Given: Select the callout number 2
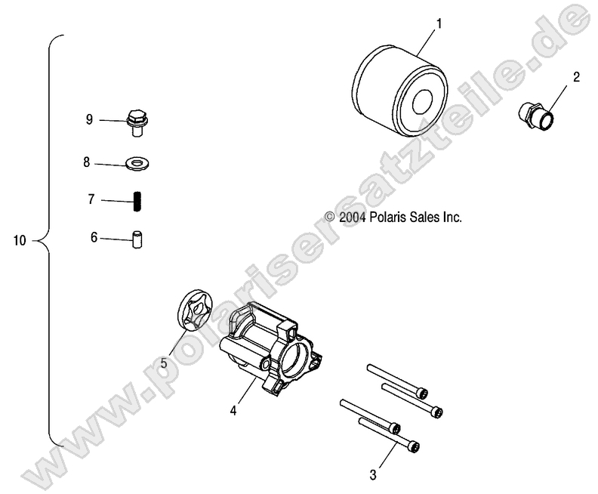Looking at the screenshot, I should coord(576,76).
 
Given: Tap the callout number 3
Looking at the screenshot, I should coord(372,474).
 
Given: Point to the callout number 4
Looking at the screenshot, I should coord(233,411).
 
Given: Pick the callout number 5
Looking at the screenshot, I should coord(163,363).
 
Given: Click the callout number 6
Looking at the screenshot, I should coord(94,237).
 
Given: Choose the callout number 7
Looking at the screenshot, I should coord(91,200).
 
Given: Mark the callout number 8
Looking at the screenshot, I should coord(87,162).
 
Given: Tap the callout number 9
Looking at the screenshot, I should coord(89,119).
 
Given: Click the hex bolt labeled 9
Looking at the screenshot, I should coord(137,121).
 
